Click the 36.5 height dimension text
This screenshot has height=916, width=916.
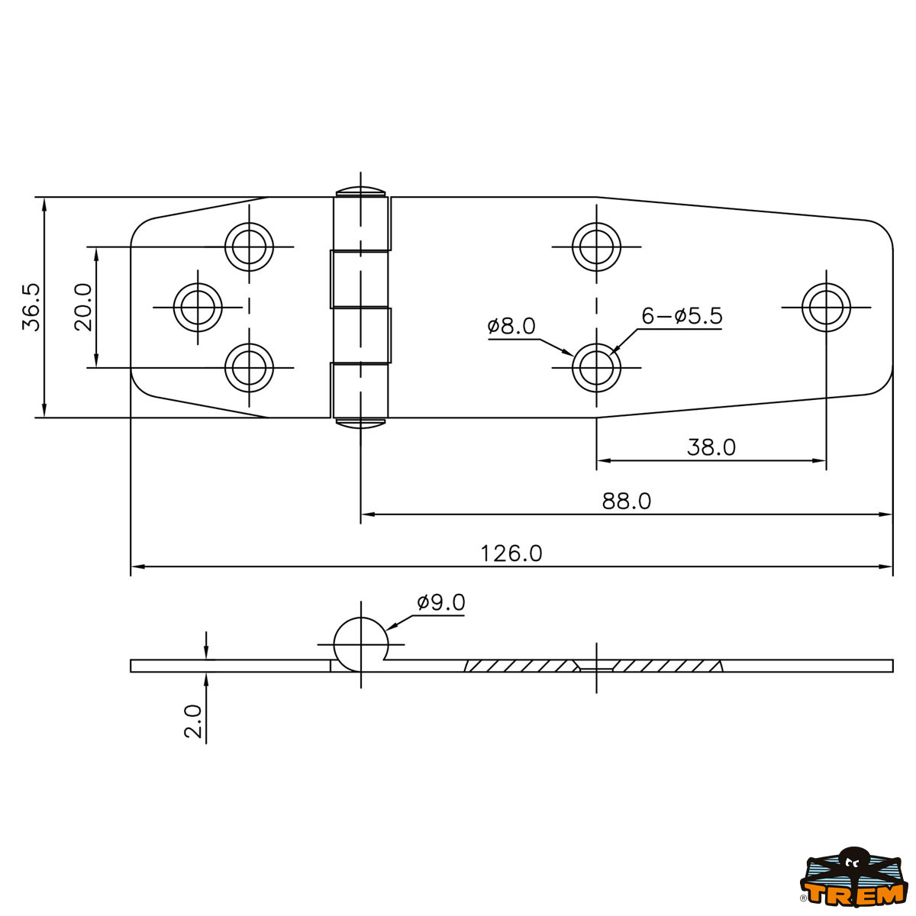tap(31, 308)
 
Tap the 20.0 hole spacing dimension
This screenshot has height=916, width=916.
tap(83, 308)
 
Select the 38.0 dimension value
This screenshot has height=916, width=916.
tap(711, 447)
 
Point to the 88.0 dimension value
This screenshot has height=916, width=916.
tap(626, 501)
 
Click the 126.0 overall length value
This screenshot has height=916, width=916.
tap(511, 553)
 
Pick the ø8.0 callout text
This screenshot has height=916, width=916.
tap(511, 326)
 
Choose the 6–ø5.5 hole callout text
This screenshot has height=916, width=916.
tap(682, 315)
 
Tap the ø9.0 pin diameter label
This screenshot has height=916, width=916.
tap(441, 602)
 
